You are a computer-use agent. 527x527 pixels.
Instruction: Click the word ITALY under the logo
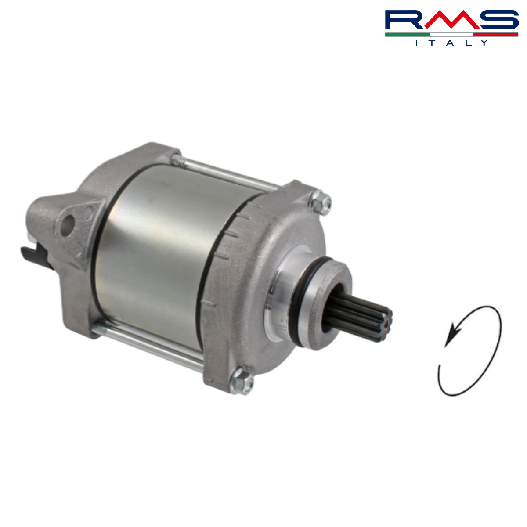click(451, 43)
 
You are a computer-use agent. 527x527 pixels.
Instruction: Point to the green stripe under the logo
click(407, 35)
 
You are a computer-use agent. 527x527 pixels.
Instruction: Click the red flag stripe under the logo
click(495, 35)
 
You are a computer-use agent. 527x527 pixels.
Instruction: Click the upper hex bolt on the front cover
click(320, 202)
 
